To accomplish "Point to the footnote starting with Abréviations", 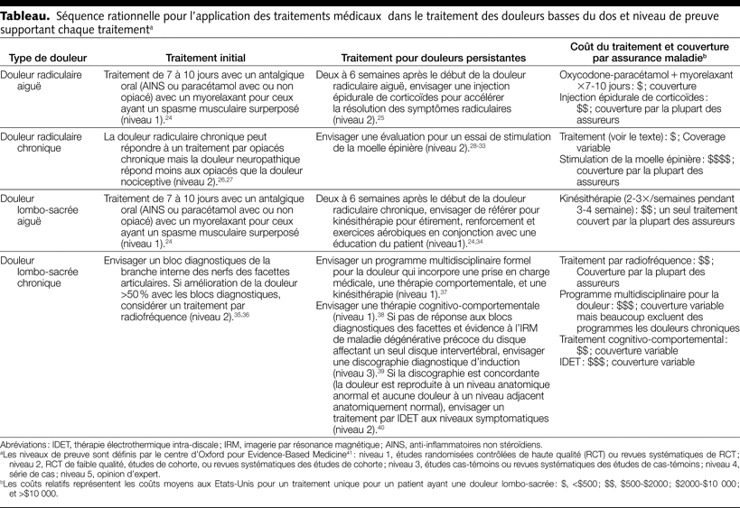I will [34, 443].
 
